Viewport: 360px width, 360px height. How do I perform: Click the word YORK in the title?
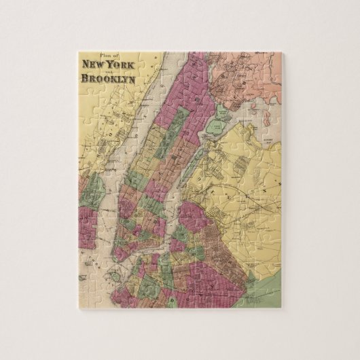click(126, 65)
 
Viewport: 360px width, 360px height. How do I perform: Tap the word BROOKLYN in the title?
click(109, 78)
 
